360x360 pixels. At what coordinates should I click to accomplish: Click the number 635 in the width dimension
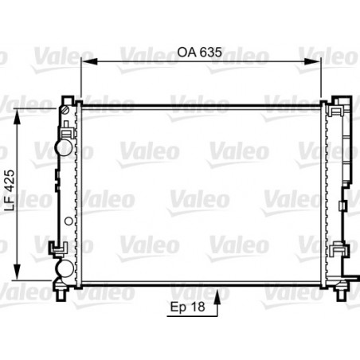[x=209, y=52]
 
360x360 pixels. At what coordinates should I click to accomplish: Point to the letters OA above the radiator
[x=185, y=52]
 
